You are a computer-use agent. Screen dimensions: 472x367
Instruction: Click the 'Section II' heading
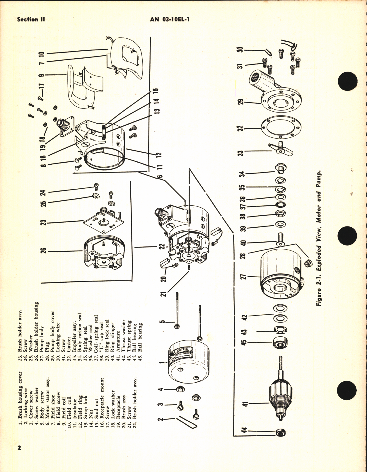31,20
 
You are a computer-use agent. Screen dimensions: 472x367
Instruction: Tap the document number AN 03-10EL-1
169,20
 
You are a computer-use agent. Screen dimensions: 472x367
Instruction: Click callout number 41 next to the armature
245,404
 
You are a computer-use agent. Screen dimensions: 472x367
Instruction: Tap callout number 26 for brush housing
43,251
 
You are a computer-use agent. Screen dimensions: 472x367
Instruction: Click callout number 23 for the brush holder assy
43,223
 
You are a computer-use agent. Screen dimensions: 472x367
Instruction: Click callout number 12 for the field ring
159,154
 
